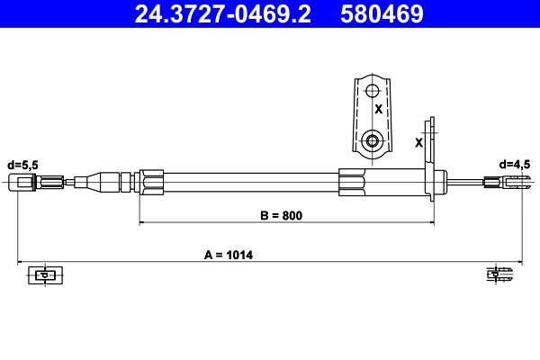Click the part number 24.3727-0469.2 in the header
(223, 13)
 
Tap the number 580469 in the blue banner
(382, 13)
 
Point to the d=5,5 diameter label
(23, 166)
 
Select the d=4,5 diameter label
(515, 165)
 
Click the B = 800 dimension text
(282, 216)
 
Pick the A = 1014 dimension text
(229, 256)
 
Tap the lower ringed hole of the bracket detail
(372, 140)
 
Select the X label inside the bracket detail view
(379, 109)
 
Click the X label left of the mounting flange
(418, 142)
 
